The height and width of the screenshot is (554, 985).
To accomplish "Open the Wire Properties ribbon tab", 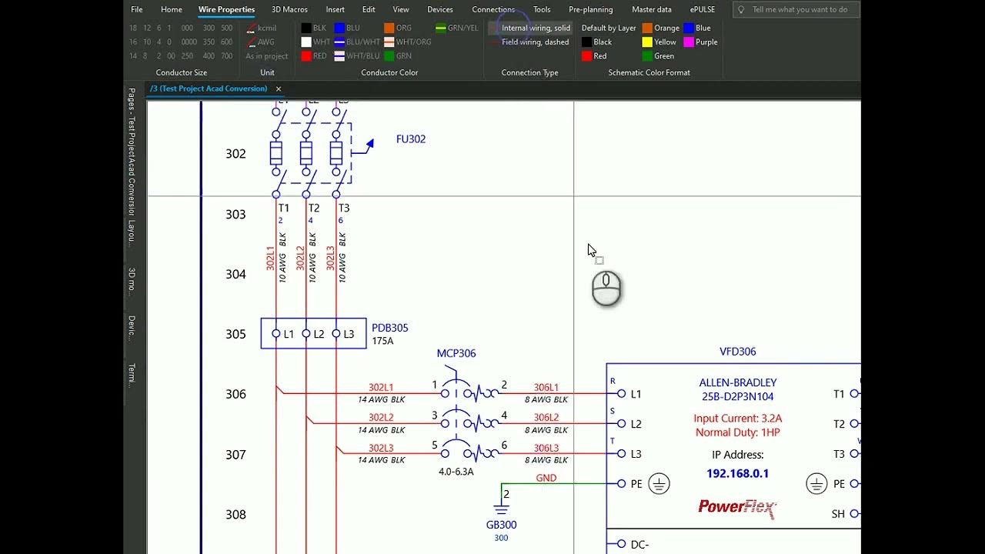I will [226, 9].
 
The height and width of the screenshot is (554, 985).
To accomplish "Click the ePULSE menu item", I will [703, 9].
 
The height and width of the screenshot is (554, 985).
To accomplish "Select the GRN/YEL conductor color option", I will [457, 28].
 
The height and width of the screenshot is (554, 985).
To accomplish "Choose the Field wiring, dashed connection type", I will [535, 42].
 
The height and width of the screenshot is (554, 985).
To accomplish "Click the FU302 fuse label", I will [411, 139].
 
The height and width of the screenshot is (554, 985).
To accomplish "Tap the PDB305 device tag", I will [390, 328].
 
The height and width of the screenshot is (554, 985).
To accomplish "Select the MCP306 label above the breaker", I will [456, 353].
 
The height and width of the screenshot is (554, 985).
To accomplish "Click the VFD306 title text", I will [737, 352].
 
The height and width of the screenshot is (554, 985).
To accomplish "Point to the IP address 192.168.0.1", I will [737, 473].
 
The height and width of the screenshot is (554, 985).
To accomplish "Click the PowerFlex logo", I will [737, 506].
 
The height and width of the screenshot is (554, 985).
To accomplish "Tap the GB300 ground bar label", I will [501, 525].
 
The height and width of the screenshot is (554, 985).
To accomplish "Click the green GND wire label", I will [546, 478].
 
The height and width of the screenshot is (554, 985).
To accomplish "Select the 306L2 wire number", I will [546, 418].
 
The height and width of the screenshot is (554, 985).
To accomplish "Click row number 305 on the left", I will [235, 334].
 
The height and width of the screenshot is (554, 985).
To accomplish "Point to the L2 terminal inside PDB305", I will [319, 334].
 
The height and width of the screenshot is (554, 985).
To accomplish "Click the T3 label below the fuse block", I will [344, 208].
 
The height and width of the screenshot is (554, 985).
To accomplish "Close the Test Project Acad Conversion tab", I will [279, 88].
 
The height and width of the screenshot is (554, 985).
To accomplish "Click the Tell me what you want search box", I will [800, 9].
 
